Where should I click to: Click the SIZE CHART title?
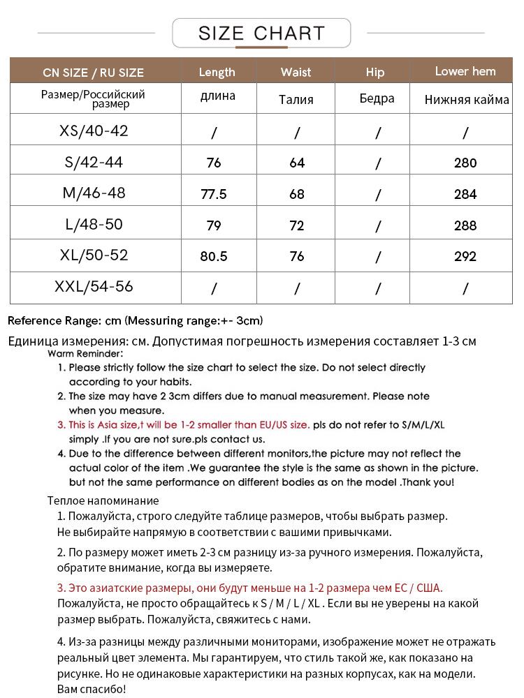[261, 33]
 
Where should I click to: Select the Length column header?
[217, 72]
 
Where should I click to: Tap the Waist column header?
[296, 72]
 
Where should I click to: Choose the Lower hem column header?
[465, 71]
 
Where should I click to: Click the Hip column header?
[375, 72]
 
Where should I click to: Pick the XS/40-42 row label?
[94, 131]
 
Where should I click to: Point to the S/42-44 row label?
[94, 162]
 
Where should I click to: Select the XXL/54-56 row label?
[94, 287]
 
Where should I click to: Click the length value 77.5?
[214, 194]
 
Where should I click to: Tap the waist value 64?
[297, 163]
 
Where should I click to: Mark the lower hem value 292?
[465, 256]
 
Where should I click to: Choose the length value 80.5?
[214, 256]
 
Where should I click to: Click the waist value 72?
[297, 225]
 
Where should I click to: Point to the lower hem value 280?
[465, 163]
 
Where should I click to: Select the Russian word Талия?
[296, 99]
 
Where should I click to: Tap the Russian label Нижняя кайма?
[466, 100]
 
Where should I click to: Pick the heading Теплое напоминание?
[103, 500]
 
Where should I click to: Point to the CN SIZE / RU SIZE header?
[93, 73]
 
